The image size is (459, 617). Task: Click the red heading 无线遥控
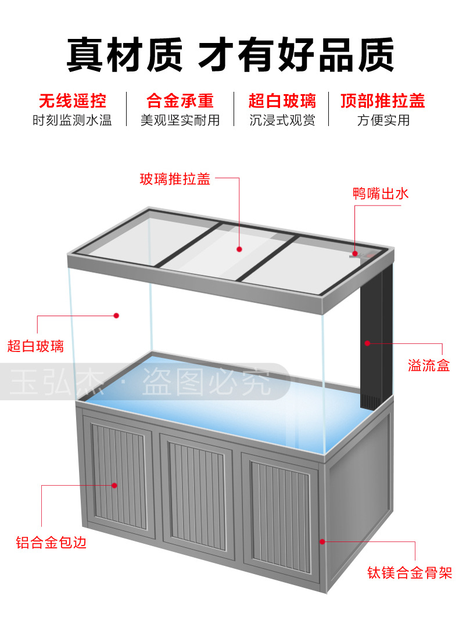point(73,101)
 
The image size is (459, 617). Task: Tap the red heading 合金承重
point(180,101)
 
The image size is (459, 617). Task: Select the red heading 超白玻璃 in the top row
point(282,101)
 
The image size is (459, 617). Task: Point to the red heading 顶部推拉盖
point(383,101)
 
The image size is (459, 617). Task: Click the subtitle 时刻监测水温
point(73,120)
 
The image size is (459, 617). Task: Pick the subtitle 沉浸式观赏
point(282,120)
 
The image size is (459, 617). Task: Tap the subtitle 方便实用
point(383,120)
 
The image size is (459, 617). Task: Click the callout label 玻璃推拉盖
point(175,179)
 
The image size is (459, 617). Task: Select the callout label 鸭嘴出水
point(381,194)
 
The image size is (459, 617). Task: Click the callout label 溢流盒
point(429,366)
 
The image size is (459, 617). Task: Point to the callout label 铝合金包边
point(51,543)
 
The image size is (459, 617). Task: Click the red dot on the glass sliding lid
point(239,249)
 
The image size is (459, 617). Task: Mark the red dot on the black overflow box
point(367,343)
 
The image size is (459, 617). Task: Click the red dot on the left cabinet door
point(114,485)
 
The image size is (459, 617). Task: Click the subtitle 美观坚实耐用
point(180,120)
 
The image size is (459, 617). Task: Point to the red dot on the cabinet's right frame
point(322,541)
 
